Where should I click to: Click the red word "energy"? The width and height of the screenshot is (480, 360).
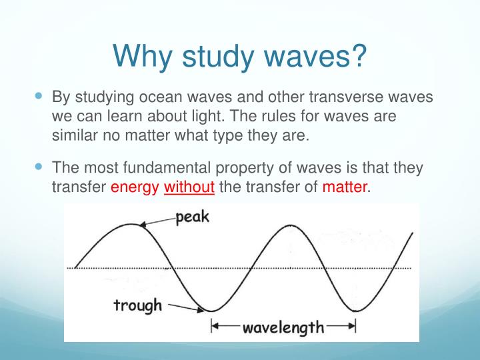(x=134, y=187)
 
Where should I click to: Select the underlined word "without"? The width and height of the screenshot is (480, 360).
(x=189, y=187)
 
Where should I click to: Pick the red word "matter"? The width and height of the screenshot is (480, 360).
(x=344, y=187)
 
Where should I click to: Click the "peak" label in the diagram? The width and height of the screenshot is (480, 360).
(x=194, y=219)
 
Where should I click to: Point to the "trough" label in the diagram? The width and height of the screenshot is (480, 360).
(x=138, y=305)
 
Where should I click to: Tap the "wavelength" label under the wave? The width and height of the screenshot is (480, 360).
(x=283, y=327)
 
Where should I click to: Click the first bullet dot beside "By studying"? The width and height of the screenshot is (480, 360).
(x=37, y=96)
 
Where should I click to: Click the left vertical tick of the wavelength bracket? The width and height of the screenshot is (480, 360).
(x=212, y=327)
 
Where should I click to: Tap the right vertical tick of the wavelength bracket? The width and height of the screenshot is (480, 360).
(x=355, y=327)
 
